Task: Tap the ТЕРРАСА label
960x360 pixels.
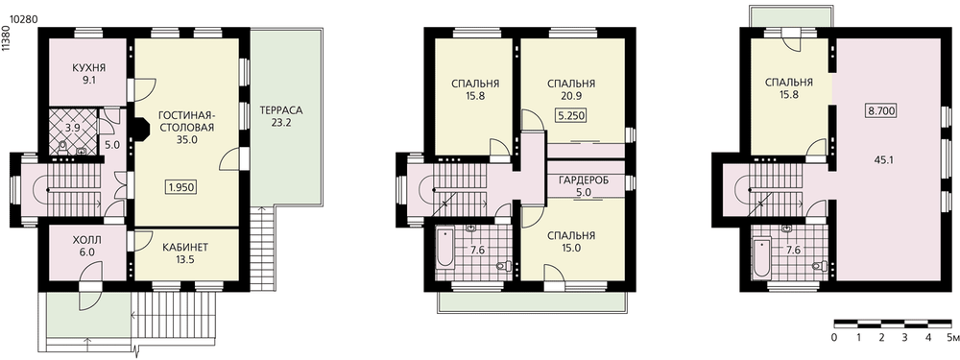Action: [x=281, y=110]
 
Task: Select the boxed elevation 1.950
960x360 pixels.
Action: [x=181, y=187]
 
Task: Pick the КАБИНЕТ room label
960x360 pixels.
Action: [x=185, y=248]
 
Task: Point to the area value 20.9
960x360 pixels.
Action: [x=571, y=95]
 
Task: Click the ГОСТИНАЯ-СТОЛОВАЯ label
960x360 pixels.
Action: [x=185, y=121]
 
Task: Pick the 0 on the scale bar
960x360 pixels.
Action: [x=834, y=337]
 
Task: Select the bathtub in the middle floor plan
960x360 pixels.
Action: [x=444, y=248]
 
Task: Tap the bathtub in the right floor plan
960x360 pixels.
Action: [x=761, y=257]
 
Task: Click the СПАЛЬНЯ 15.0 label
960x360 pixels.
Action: [x=571, y=242]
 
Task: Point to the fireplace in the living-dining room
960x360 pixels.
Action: [x=141, y=131]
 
